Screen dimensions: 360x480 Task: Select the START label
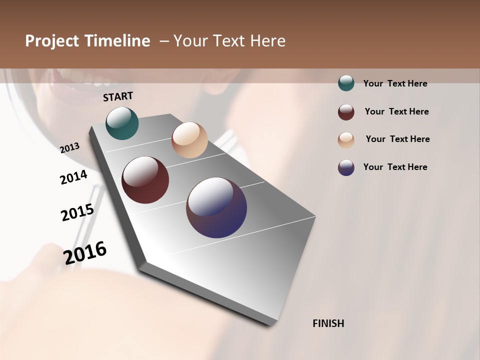click(x=118, y=96)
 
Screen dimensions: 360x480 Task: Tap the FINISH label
click(x=328, y=323)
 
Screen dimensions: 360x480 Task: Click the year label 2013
click(x=69, y=148)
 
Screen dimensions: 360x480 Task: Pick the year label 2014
click(x=73, y=177)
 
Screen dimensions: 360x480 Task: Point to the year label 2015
click(x=77, y=212)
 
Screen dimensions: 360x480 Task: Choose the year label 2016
click(x=85, y=252)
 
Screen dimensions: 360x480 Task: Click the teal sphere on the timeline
click(x=122, y=123)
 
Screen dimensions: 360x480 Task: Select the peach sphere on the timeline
click(x=189, y=140)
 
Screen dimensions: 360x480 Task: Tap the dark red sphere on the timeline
click(x=145, y=180)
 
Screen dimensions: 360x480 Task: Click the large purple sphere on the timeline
click(x=216, y=207)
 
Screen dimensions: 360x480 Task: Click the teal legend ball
click(x=346, y=83)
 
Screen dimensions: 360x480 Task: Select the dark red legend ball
click(x=346, y=112)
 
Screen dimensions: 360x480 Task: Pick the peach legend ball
click(x=346, y=140)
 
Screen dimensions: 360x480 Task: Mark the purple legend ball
click(x=346, y=167)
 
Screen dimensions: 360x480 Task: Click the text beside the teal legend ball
click(x=395, y=83)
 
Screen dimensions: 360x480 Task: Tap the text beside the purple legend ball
click(x=395, y=167)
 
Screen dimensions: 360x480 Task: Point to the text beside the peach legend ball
click(x=397, y=139)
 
